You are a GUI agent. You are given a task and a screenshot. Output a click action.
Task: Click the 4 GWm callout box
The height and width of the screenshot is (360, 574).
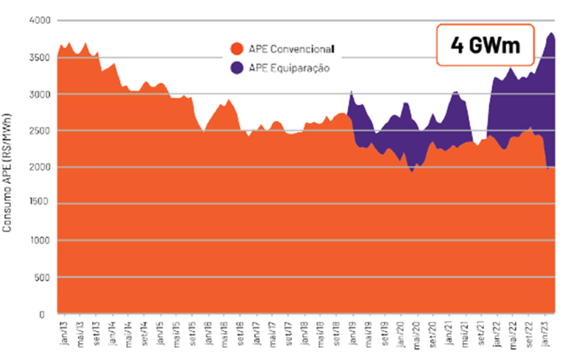coord(485,45)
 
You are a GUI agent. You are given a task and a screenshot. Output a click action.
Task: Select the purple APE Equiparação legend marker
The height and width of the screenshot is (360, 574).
coord(236,68)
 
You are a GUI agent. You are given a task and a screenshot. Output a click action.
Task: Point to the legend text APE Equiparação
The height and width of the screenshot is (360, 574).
coord(287,68)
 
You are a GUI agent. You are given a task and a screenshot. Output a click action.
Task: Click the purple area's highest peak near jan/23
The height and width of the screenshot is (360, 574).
coord(550,34)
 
